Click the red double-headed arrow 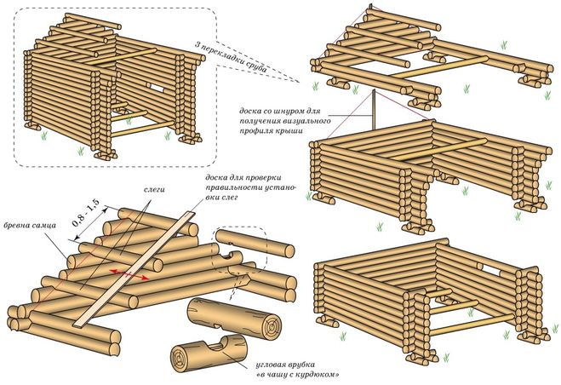point(128,271)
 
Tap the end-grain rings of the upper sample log point(272,325)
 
